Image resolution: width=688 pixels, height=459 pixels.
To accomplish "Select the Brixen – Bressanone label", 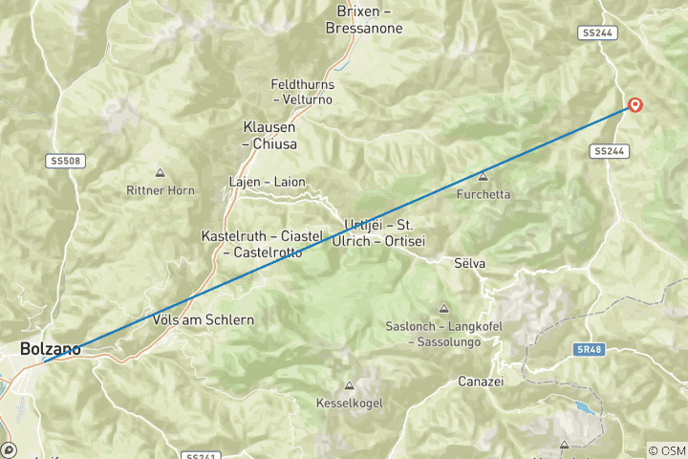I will tap(370, 19).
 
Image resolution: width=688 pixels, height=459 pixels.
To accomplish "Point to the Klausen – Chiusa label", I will tap(269, 136).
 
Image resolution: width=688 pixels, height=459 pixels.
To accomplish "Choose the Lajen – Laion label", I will tap(267, 182).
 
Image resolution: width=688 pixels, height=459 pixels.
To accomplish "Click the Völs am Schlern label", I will tap(203, 319).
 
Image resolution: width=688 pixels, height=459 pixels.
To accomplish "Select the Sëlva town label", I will tap(469, 262).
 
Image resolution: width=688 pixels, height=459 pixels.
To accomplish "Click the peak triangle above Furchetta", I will tap(484, 176).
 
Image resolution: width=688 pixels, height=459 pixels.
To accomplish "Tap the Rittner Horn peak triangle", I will tap(160, 173).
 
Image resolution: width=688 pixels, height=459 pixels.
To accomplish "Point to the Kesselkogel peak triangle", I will tap(349, 386).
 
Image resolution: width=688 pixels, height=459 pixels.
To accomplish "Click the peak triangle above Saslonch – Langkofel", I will tap(443, 308).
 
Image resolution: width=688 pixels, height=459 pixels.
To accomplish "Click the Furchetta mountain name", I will tap(484, 194).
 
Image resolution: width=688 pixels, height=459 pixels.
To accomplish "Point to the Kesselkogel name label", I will tap(349, 404).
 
